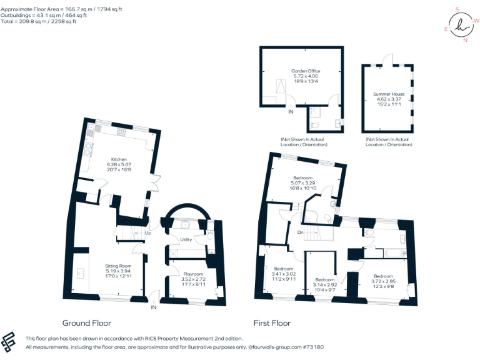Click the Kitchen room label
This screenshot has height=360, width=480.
click(119, 159)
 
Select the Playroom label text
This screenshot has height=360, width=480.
click(193, 274)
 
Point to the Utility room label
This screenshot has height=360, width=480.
click(186, 240)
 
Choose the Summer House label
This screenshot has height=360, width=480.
click(389, 94)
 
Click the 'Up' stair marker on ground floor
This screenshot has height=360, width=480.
click(148, 234)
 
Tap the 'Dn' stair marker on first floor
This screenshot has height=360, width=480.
click(300, 233)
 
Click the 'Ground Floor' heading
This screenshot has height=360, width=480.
click(87, 323)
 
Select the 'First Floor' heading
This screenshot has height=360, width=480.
click(272, 323)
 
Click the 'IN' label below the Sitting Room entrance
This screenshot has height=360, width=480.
click(153, 307)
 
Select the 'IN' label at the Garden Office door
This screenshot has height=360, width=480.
click(291, 112)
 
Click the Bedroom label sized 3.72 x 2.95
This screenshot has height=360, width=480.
click(384, 276)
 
